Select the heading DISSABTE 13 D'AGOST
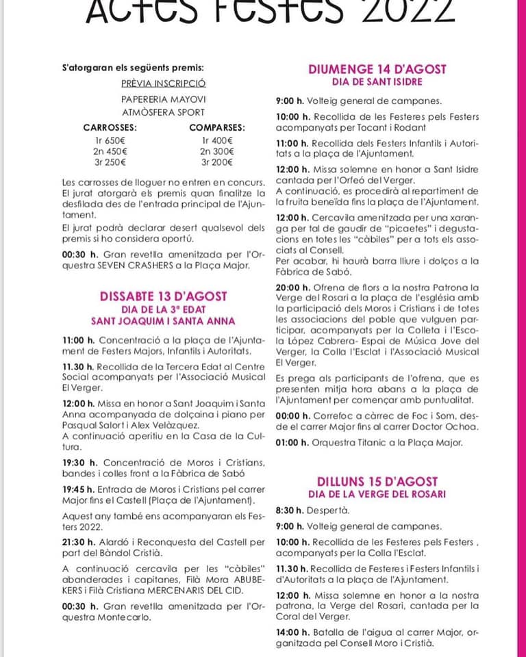point(163,296)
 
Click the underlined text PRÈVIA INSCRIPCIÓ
point(163,83)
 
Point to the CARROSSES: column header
point(110,127)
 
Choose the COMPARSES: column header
point(217,127)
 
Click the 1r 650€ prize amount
point(110,140)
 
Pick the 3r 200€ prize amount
point(217,163)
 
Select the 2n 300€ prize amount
point(217,151)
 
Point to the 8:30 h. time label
point(290,511)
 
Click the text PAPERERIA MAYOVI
point(163,99)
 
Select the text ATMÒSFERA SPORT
point(163,112)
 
